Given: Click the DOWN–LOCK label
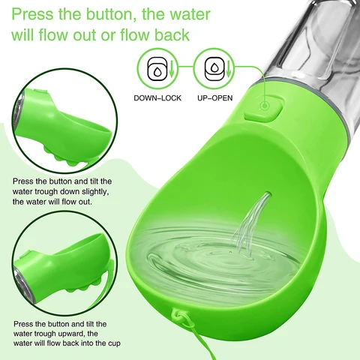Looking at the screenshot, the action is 157,98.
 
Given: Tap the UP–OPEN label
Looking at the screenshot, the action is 215,98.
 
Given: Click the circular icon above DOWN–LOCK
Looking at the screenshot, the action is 157,68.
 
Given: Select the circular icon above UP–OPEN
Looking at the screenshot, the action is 214,68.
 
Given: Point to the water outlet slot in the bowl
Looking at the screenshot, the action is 268,194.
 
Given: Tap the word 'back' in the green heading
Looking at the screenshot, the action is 172,34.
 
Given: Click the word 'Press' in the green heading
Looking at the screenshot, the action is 32,14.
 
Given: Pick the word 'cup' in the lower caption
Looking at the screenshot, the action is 114,343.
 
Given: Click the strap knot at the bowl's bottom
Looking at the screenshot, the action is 181,318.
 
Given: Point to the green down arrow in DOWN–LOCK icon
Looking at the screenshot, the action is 172,68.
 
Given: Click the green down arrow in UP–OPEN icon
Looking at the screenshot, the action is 229,68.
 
